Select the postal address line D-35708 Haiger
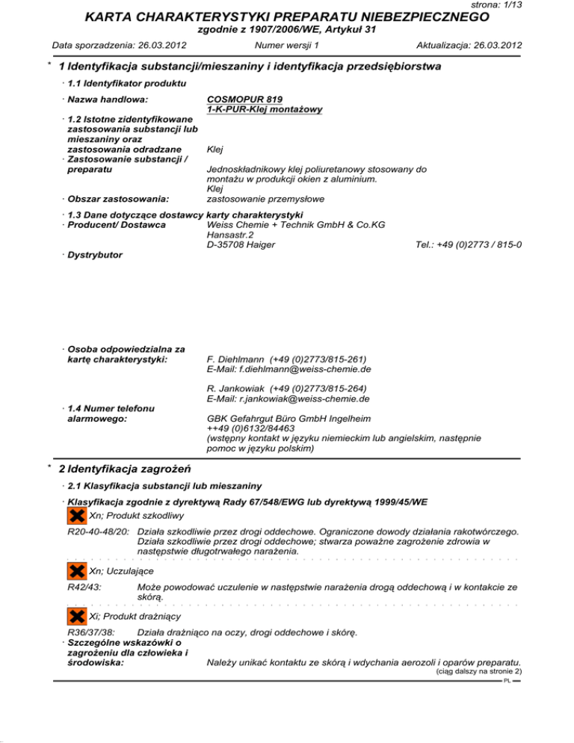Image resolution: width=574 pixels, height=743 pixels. tap(240, 244)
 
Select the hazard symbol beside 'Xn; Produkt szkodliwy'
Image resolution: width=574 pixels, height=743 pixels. tap(75, 516)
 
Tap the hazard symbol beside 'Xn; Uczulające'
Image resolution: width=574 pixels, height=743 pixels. tap(75, 571)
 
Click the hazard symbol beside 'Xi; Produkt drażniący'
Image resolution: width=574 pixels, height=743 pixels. tap(75, 616)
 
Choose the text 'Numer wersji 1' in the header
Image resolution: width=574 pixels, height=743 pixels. tap(287, 45)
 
